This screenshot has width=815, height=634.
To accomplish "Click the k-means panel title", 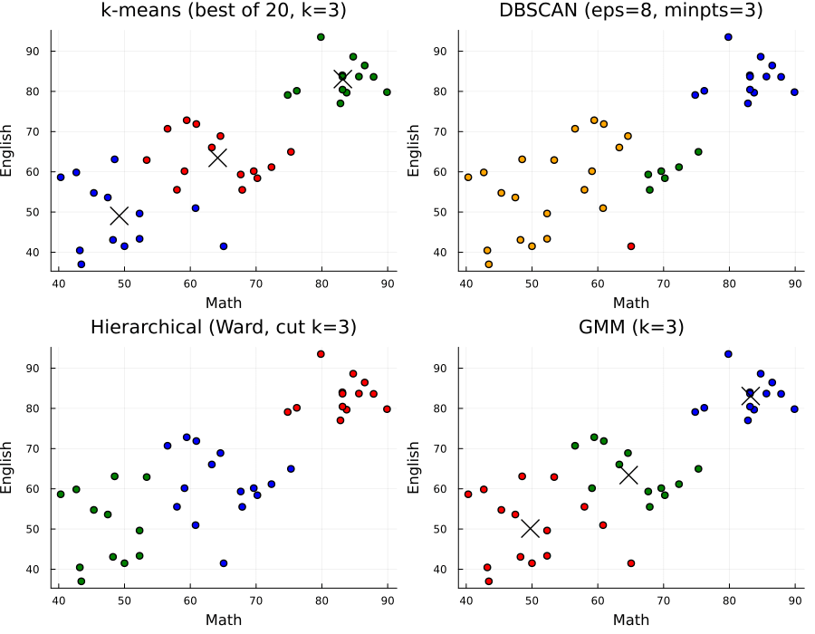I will coord(224,11).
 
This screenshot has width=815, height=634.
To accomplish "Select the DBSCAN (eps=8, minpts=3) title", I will coord(631,11).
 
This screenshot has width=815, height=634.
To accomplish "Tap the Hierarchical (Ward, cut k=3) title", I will coord(224,327).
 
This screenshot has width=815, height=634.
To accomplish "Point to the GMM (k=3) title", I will coord(631,327).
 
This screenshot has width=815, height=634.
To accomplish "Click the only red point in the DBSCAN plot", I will coord(631,246).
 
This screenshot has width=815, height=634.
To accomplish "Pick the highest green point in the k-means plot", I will coord(321,37).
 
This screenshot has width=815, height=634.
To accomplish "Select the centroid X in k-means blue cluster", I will coord(120,216).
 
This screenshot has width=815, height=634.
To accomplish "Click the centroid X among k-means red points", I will coord(217,157).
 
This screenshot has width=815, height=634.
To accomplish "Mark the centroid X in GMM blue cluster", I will coord(750,397).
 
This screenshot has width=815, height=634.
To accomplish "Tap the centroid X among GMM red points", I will coord(531,528).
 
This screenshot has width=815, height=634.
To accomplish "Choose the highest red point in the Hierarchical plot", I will coord(321,354).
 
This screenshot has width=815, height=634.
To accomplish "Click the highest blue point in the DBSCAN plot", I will coord(728,37).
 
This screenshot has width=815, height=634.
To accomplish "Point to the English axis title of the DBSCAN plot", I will coord(414,150).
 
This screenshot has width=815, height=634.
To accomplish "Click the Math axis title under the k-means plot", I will coord(224,302).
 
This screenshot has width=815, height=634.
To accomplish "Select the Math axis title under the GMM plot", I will coord(631,620).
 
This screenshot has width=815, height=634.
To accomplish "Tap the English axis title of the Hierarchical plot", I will coord(7,467).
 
